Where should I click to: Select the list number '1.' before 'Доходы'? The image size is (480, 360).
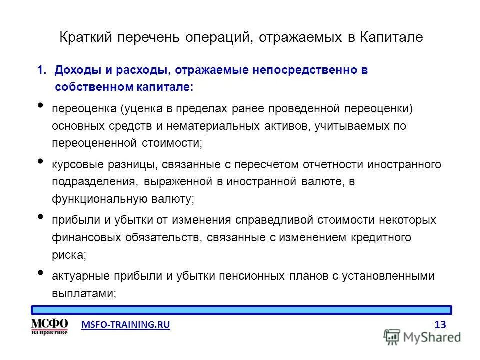click(x=43, y=70)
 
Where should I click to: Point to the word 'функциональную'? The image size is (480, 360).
click(x=95, y=198)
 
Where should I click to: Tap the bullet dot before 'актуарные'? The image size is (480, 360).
click(x=40, y=272)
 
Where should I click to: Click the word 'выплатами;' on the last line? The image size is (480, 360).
click(x=84, y=293)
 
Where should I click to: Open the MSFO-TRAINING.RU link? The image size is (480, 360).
click(x=125, y=325)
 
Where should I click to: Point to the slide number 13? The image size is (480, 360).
click(x=440, y=325)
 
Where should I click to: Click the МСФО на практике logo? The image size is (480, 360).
click(x=49, y=326)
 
